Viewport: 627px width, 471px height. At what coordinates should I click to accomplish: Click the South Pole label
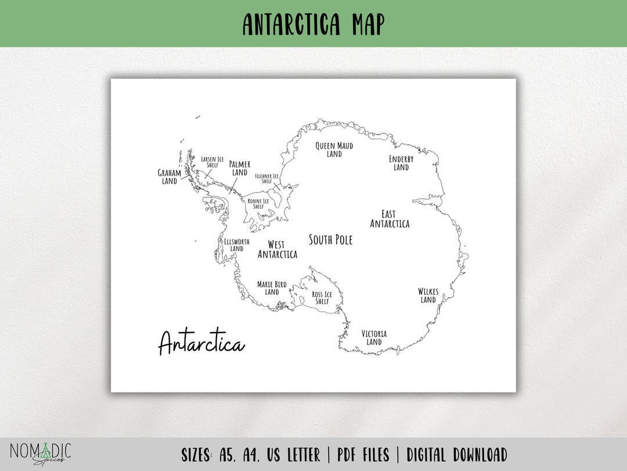(330, 240)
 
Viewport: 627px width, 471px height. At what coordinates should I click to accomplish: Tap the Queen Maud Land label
(334, 149)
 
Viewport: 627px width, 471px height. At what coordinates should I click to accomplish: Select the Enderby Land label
(401, 163)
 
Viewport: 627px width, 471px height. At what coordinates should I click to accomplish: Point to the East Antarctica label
(390, 219)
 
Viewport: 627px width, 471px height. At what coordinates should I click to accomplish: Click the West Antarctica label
(277, 249)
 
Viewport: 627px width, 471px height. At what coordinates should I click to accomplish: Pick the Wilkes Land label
(428, 295)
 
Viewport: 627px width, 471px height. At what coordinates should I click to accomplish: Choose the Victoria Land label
(374, 338)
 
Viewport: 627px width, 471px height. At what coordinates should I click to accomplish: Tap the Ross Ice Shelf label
(322, 298)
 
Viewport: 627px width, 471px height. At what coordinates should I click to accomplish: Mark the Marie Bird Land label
(272, 288)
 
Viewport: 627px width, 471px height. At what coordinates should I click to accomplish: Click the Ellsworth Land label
(236, 245)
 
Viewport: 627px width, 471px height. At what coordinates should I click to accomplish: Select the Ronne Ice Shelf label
(258, 204)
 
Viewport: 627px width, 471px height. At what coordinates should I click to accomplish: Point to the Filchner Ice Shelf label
(267, 179)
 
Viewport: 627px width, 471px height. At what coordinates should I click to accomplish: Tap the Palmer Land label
(240, 168)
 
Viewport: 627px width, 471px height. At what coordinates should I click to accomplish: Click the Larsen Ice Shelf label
(212, 162)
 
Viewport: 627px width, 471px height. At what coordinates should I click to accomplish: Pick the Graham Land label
(170, 177)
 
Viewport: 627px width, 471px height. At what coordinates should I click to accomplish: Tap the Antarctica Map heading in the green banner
(313, 24)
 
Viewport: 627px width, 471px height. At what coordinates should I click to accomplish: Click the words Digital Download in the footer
(456, 455)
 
